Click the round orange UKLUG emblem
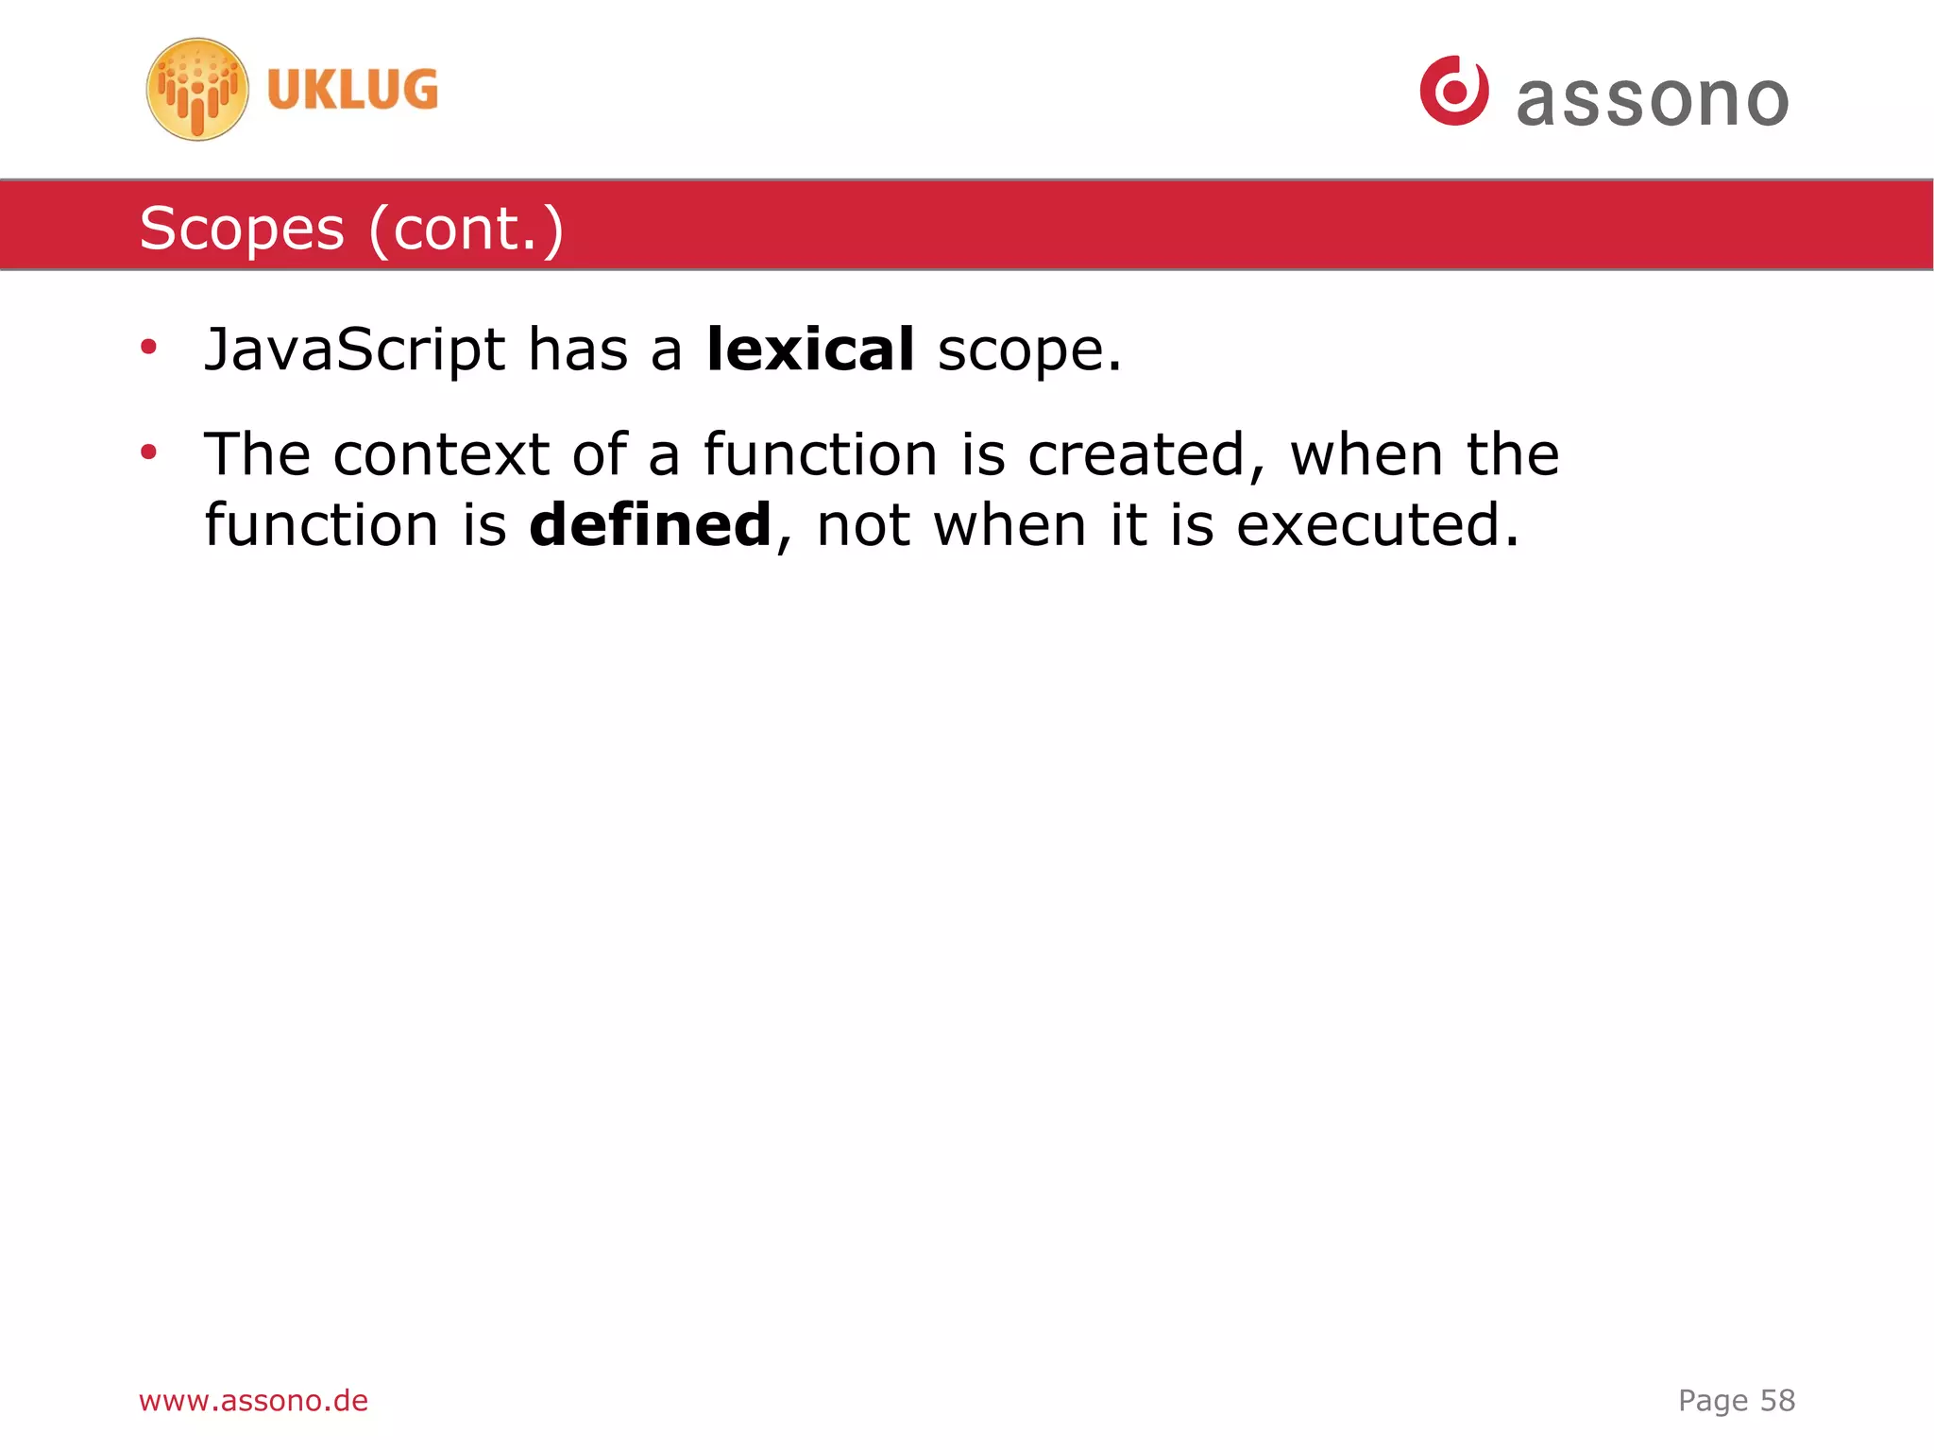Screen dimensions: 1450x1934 [x=197, y=90]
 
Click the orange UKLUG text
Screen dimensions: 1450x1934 [x=352, y=90]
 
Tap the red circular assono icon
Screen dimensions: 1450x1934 [x=1454, y=91]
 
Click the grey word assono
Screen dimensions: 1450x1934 [x=1653, y=100]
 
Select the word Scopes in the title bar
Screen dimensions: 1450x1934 [x=242, y=230]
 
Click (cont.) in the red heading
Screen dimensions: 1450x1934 [x=467, y=230]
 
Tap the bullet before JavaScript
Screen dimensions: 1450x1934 [x=148, y=348]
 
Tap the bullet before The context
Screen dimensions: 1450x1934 [x=148, y=452]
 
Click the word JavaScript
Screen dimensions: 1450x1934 [x=354, y=350]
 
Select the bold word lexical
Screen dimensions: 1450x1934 [x=810, y=349]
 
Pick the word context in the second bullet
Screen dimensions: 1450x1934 [x=441, y=454]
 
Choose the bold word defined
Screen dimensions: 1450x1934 [x=650, y=525]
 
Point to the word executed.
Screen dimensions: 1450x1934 [x=1377, y=525]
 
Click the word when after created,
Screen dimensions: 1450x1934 [x=1366, y=454]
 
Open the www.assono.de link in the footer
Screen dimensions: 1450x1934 [x=253, y=1400]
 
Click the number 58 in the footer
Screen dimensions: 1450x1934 [x=1777, y=1400]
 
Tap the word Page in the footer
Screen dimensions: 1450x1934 [x=1713, y=1401]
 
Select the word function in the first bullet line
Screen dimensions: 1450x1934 [x=820, y=454]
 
